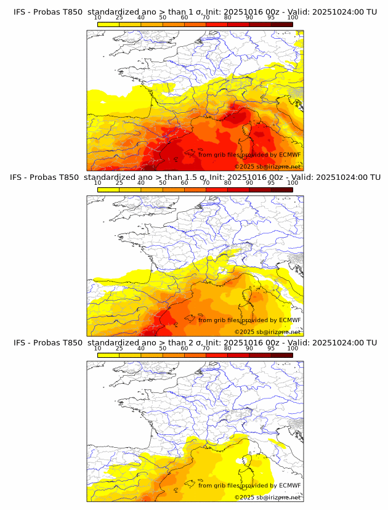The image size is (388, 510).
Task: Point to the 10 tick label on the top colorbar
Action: [x=98, y=18]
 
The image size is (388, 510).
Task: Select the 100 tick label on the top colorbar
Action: [x=293, y=18]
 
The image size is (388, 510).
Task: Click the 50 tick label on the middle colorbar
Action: [x=163, y=183]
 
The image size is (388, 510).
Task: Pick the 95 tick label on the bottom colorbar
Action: [x=271, y=349]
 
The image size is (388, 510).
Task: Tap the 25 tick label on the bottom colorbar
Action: [x=119, y=349]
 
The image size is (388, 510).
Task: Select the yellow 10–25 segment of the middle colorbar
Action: [x=108, y=190]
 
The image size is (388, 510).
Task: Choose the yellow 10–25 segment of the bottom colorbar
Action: [x=108, y=355]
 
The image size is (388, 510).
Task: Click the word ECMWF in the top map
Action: [x=290, y=155]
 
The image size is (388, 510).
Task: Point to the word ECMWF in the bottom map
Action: [x=290, y=485]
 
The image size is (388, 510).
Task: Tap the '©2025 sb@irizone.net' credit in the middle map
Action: [x=267, y=331]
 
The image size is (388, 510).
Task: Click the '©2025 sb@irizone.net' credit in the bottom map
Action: [x=267, y=496]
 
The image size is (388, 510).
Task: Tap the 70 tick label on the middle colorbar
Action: [x=206, y=183]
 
